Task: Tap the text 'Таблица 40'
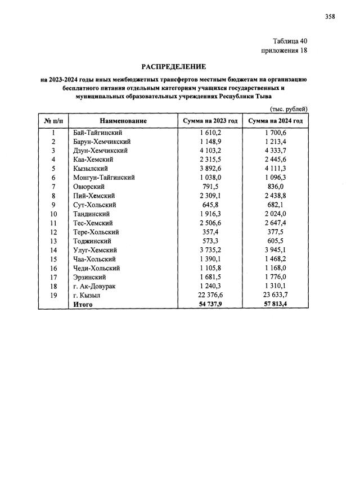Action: tap(290, 41)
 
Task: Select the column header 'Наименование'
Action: tap(123, 121)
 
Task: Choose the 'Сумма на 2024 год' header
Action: tap(276, 121)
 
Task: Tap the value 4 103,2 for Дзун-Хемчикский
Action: tap(211, 151)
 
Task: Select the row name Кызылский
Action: tap(91, 169)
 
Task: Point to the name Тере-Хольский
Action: tap(96, 232)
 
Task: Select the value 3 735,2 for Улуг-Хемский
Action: tap(211, 250)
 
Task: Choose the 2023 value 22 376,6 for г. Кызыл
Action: tap(211, 296)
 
